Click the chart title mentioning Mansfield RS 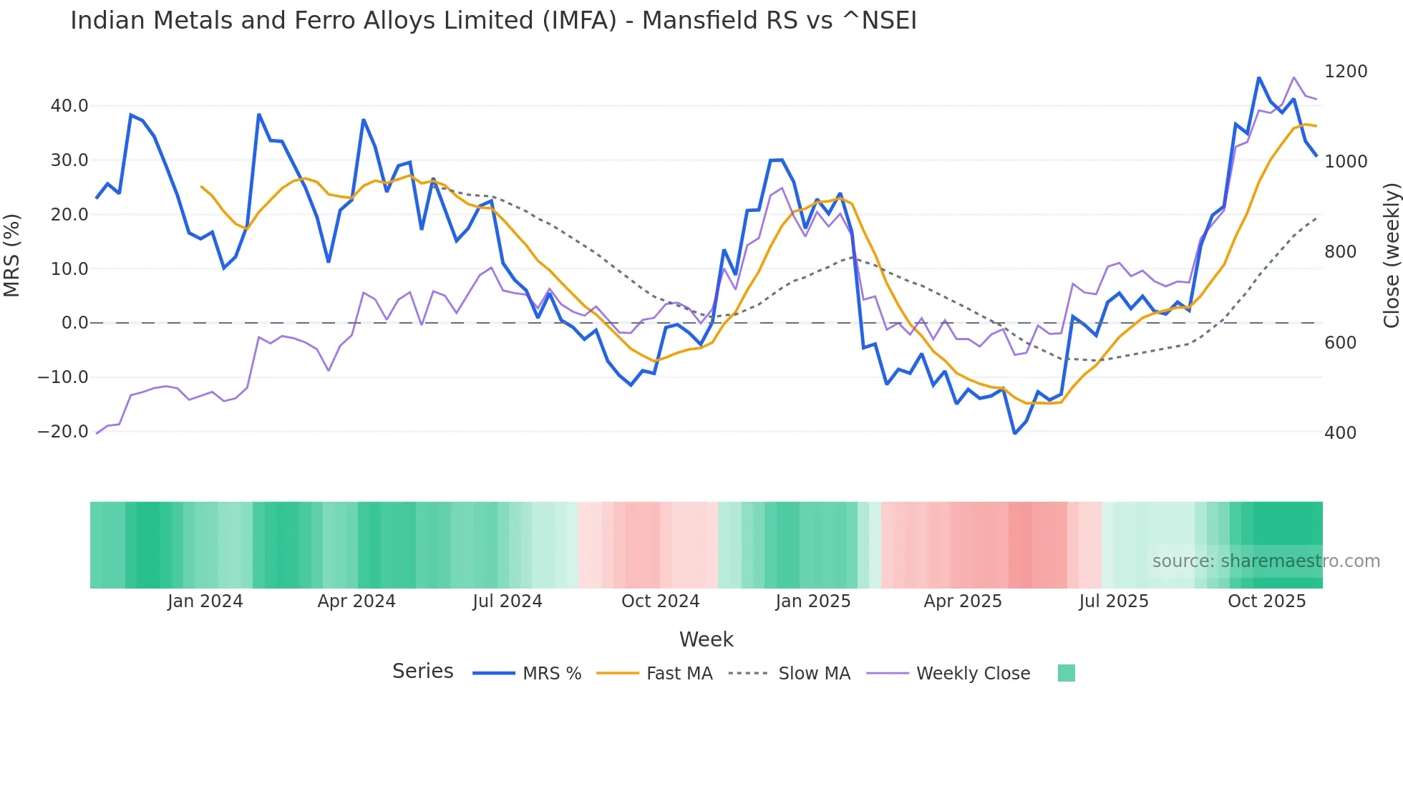[493, 21]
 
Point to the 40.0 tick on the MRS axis [69, 106]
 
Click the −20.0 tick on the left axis [63, 432]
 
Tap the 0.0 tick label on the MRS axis [75, 323]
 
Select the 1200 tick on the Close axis [1346, 72]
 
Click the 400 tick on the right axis [1340, 433]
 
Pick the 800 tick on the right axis [1340, 252]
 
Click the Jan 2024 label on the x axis [205, 601]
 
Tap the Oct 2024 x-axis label [660, 601]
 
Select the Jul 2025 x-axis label [1114, 601]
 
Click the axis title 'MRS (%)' [12, 255]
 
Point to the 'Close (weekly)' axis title [1391, 256]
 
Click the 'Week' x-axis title [706, 639]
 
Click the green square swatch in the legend [1066, 673]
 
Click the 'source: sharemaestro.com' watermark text [1266, 561]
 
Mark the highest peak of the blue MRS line [1258, 78]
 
